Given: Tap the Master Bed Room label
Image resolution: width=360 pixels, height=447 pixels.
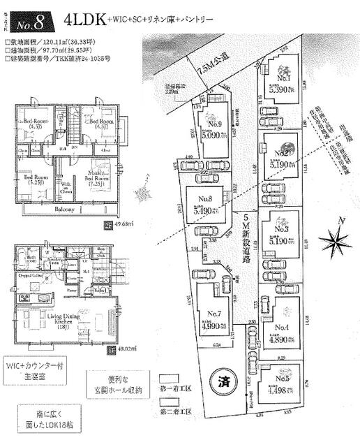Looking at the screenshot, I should click(x=99, y=175).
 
